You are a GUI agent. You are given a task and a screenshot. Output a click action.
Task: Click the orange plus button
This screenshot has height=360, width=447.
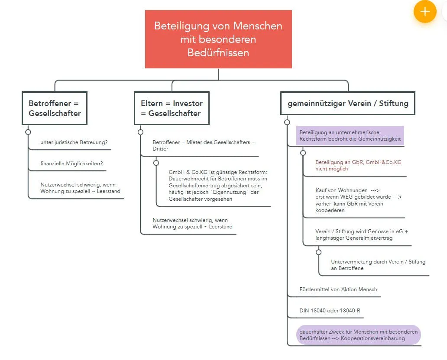[x=425, y=11]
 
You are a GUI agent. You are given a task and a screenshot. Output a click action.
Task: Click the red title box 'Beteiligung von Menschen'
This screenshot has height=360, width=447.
[x=218, y=39]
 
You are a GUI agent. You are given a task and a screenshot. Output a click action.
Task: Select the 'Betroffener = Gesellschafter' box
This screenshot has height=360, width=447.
[x=55, y=108]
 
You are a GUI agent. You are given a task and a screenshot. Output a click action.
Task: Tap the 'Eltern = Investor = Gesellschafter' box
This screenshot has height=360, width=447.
[x=172, y=108]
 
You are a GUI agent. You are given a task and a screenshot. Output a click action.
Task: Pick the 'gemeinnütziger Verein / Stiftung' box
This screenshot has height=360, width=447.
[x=348, y=103]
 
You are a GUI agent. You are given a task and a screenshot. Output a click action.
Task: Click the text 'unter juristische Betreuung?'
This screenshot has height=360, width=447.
[x=74, y=142]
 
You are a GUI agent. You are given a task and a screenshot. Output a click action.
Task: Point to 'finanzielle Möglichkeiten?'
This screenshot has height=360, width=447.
[x=71, y=164]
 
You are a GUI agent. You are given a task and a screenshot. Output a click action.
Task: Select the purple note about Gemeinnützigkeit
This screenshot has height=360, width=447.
[x=350, y=135]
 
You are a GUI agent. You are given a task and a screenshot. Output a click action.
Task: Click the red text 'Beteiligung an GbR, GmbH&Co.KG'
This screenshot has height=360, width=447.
[x=358, y=162]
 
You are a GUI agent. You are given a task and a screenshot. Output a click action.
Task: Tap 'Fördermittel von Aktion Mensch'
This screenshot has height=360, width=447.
[x=338, y=289]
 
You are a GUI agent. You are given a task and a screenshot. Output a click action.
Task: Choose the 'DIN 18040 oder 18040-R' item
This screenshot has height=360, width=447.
[x=330, y=310]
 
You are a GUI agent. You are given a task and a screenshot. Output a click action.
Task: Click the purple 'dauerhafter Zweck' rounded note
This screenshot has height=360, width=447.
[x=359, y=335]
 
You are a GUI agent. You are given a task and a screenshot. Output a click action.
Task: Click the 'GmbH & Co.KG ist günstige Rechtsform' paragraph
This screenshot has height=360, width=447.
[x=218, y=186]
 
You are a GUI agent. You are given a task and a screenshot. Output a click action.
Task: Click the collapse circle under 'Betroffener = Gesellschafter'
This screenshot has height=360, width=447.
[x=28, y=132]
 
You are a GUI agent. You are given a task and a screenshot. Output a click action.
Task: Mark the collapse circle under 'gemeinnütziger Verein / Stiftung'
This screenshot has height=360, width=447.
[x=287, y=122]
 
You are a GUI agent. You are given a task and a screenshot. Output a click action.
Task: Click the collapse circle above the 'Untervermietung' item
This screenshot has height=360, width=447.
[x=318, y=252]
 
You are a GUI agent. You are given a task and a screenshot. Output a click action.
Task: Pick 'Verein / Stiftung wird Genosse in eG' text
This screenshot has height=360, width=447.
[x=362, y=231]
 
